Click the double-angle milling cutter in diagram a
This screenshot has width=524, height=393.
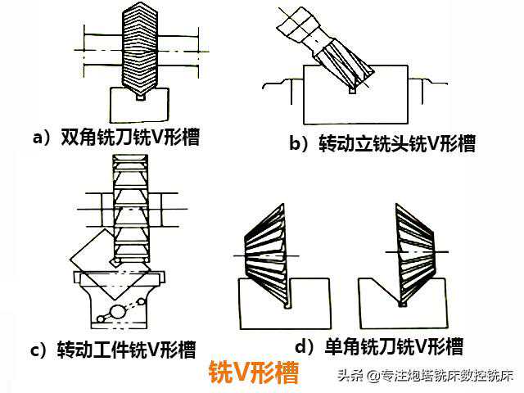(139, 48)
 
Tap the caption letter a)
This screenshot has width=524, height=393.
(42, 138)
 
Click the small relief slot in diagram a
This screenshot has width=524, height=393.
(141, 97)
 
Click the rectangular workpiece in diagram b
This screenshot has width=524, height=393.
(355, 95)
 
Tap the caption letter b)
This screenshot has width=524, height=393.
(299, 143)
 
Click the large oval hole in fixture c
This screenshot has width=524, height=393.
(118, 312)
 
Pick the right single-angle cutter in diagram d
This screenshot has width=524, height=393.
(414, 255)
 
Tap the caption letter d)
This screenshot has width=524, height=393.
(305, 347)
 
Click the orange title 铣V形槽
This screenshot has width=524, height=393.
(254, 373)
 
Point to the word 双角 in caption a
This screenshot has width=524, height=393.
(78, 137)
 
